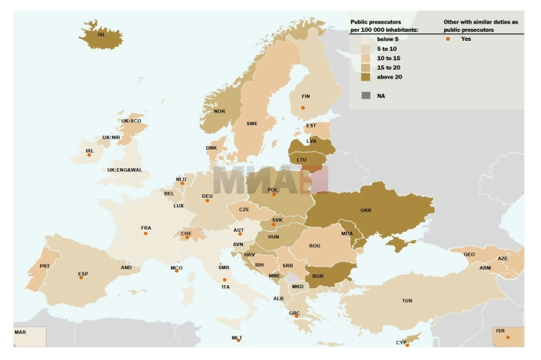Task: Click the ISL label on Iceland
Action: pyautogui.click(x=102, y=34)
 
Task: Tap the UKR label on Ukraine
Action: pyautogui.click(x=366, y=210)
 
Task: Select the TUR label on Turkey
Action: pyautogui.click(x=407, y=301)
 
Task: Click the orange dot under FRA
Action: pyautogui.click(x=145, y=233)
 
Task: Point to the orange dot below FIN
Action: pyautogui.click(x=302, y=108)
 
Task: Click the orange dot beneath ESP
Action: pyautogui.click(x=81, y=278)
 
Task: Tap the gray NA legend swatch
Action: pyautogui.click(x=365, y=96)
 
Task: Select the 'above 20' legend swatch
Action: pyautogui.click(x=365, y=77)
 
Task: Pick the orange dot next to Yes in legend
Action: pyautogui.click(x=448, y=39)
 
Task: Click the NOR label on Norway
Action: pyautogui.click(x=219, y=111)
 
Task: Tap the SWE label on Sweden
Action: pyautogui.click(x=252, y=124)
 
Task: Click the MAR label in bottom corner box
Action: pyautogui.click(x=20, y=332)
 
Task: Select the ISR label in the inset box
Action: pyautogui.click(x=500, y=331)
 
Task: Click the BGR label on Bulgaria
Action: pyautogui.click(x=318, y=276)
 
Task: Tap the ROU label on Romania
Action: pyautogui.click(x=314, y=246)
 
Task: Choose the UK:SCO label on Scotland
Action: pyautogui.click(x=131, y=121)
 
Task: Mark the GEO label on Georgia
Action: pyautogui.click(x=469, y=255)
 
